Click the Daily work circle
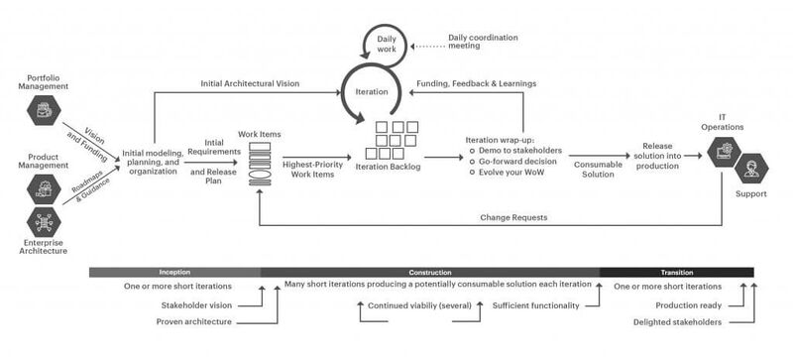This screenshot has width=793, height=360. point(387,44)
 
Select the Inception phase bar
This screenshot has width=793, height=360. point(174,272)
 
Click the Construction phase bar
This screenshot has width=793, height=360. point(430,272)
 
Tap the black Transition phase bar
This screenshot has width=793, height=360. point(676,272)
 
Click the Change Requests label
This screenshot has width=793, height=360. point(513,215)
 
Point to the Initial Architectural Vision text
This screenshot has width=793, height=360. point(249,83)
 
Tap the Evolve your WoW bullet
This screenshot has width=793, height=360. point(515,174)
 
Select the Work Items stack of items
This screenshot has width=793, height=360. point(258,161)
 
